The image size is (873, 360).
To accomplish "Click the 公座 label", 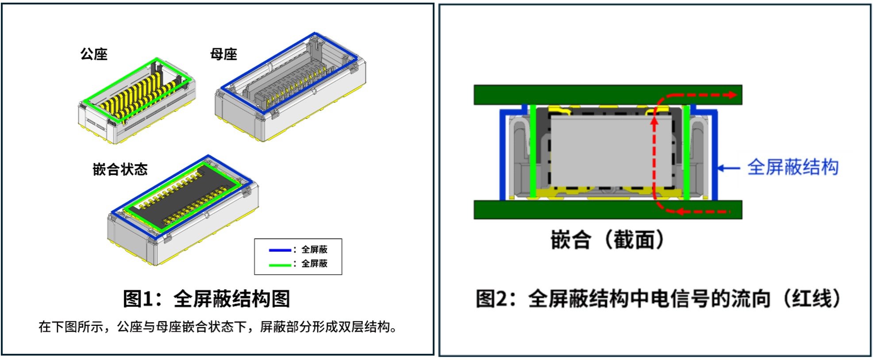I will (x=94, y=54).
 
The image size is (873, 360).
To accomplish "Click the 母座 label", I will (x=223, y=54).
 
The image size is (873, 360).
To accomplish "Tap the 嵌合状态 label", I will (x=120, y=169).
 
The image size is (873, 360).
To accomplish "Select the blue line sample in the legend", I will (x=280, y=250).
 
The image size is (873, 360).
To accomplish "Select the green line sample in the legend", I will (x=280, y=264).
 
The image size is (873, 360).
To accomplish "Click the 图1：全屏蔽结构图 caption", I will (x=206, y=299).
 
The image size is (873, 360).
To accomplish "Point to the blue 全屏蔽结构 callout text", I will (x=792, y=168).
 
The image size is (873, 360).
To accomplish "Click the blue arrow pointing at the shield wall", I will (x=728, y=168).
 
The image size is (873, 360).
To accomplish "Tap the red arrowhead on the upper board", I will (x=732, y=95).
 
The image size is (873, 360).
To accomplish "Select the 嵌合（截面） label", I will (x=608, y=240).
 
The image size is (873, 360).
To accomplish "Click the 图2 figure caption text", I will (x=658, y=299).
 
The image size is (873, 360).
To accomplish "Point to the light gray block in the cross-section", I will (x=602, y=150).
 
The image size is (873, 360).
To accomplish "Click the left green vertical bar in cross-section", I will (x=533, y=150).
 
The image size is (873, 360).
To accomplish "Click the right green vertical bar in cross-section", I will (x=686, y=150).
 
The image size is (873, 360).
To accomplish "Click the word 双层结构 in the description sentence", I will (x=364, y=327).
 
